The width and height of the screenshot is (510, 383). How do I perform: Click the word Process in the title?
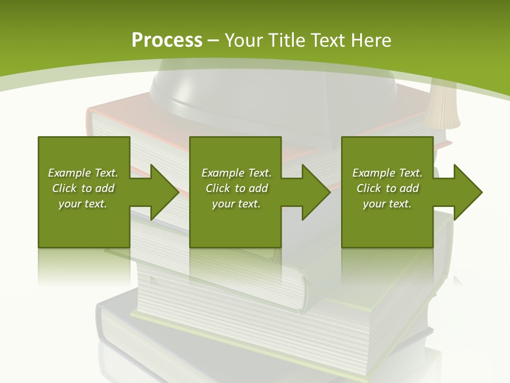click(167, 40)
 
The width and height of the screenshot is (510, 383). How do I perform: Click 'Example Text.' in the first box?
click(83, 173)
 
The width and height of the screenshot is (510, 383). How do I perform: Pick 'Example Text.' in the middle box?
click(236, 173)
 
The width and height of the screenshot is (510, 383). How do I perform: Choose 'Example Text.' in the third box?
click(387, 173)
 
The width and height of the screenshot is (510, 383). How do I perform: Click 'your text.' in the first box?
click(83, 204)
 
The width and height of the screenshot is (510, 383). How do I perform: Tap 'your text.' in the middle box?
click(236, 204)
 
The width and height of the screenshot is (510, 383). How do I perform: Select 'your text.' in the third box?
click(387, 204)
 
